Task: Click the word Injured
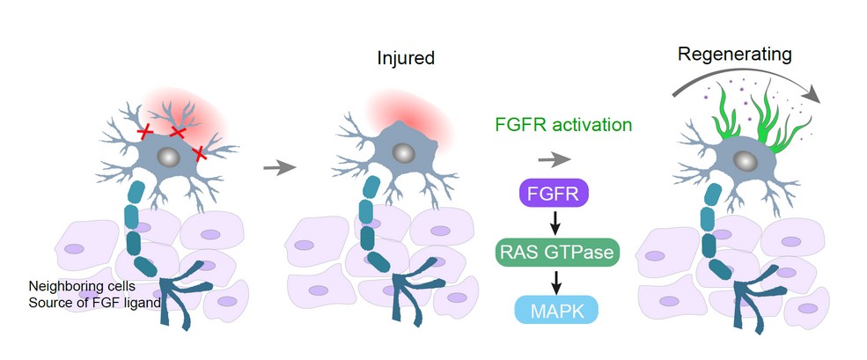[406, 60]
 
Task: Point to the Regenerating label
[735, 55]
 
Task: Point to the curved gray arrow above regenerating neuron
[757, 75]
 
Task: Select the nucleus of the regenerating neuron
[745, 160]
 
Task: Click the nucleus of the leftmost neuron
[169, 158]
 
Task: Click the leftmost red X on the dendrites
[145, 132]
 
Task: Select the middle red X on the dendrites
[177, 132]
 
